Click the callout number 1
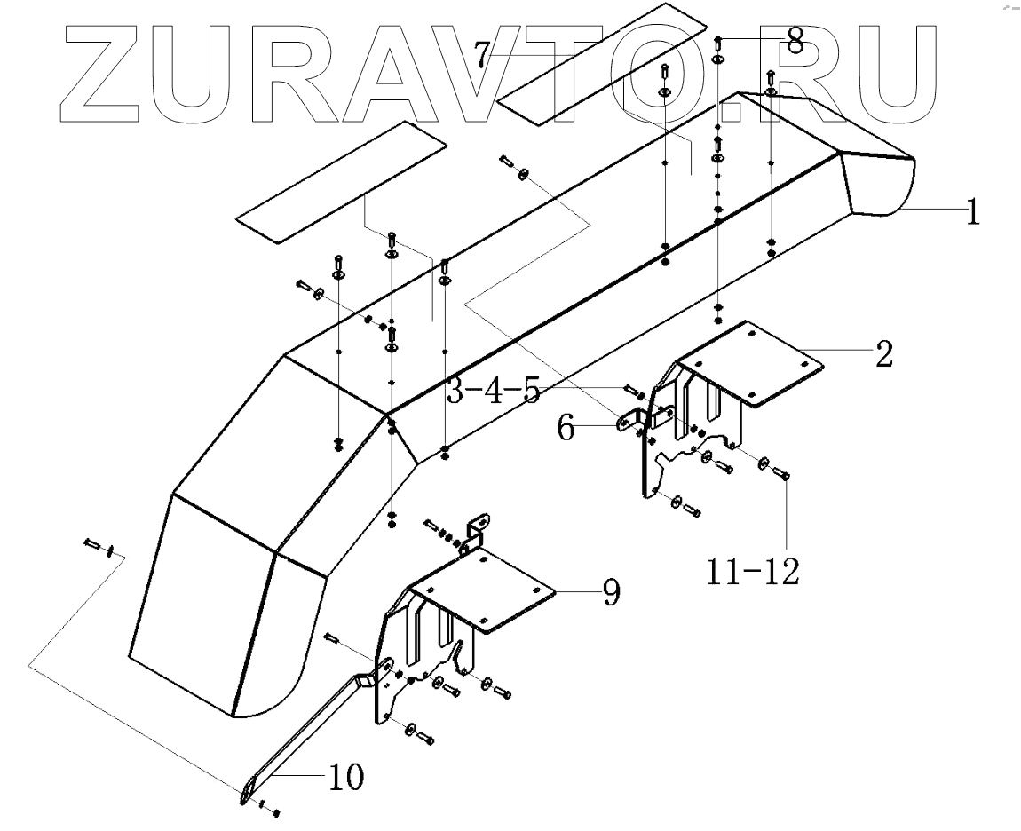point(973,213)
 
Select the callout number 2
point(883,354)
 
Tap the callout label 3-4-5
point(493,392)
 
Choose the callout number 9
point(611,593)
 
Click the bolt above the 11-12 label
point(785,474)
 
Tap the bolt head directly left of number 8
point(718,42)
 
